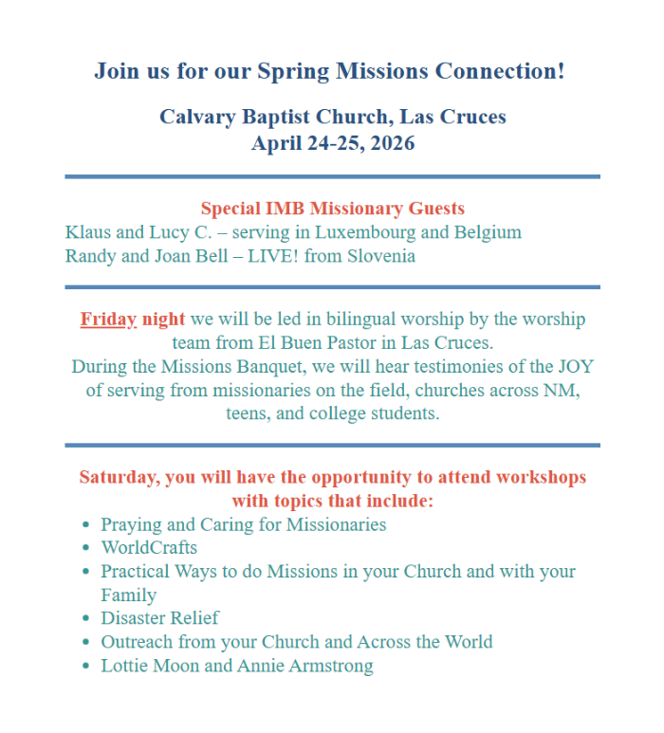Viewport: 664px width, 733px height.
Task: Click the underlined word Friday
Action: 108,320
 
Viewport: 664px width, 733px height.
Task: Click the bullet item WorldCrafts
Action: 149,547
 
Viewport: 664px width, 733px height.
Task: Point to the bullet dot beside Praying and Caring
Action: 86,524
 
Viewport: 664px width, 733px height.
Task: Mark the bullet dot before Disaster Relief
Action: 86,618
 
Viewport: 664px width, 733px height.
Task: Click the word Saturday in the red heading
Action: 120,477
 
